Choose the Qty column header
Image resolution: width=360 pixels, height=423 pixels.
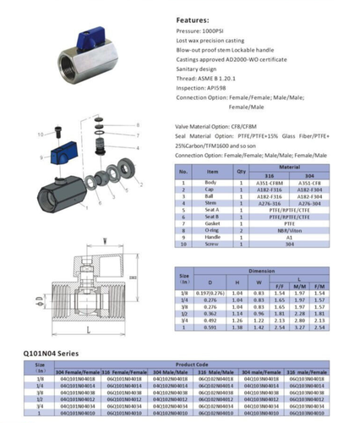click(x=240, y=171)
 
